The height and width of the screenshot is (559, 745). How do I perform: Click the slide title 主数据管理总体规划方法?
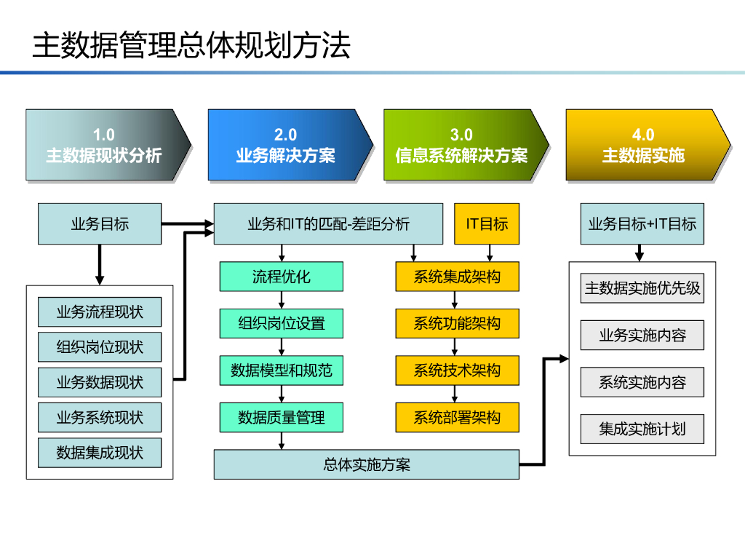click(191, 46)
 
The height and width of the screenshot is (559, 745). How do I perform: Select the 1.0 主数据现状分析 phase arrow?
click(108, 145)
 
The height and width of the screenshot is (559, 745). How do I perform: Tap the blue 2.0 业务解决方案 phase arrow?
click(290, 145)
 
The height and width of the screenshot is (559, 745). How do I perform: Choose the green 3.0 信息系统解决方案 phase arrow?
click(466, 145)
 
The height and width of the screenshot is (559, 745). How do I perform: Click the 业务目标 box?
click(100, 224)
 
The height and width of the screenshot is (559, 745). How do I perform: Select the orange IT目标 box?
click(487, 224)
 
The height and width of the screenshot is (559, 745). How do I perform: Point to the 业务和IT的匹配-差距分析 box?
click(328, 224)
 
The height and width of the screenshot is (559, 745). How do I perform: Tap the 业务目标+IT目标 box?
click(642, 224)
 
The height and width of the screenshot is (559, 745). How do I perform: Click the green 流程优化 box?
click(282, 277)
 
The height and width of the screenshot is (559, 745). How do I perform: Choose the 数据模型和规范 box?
click(282, 370)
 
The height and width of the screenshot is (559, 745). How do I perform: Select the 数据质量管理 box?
click(282, 417)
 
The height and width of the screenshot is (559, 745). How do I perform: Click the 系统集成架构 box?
click(457, 277)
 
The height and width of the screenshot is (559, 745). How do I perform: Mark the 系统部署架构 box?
click(457, 417)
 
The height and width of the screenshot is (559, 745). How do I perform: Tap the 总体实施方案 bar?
click(367, 464)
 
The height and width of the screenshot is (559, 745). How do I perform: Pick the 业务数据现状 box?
click(100, 382)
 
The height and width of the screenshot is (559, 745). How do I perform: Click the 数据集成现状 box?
click(100, 453)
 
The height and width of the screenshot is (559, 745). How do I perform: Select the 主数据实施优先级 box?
click(642, 288)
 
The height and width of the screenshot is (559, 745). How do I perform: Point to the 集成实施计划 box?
click(642, 429)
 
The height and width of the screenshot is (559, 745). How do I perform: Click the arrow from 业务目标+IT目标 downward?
click(640, 253)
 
